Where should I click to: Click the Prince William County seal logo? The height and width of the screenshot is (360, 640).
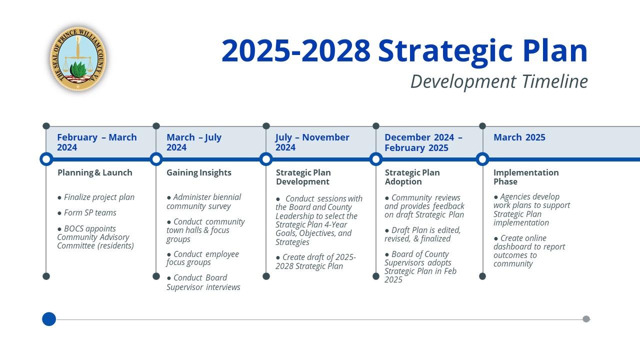78,59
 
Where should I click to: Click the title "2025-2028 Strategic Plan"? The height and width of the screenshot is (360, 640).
404,50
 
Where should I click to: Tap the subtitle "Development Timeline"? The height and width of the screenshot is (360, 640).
498,81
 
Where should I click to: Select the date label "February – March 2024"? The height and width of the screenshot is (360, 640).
96,142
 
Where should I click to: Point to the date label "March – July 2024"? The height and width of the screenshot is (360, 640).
193,142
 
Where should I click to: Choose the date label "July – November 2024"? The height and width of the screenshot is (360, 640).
312,142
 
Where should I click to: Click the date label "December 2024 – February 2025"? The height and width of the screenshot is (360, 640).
423,142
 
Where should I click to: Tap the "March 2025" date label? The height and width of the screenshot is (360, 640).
519,137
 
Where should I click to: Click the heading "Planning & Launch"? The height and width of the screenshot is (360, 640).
94,172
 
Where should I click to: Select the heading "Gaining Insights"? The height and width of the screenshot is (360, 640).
198,172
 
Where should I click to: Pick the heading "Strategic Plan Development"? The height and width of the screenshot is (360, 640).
303,177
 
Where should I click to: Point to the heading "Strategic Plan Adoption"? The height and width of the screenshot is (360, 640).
412,177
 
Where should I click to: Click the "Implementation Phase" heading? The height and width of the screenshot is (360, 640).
525,177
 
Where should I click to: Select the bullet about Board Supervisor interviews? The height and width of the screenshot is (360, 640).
202,282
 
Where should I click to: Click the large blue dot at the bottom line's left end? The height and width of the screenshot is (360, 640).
49,319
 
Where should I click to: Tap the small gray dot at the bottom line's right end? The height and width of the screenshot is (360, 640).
586,319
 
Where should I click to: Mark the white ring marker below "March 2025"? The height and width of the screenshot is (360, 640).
482,159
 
